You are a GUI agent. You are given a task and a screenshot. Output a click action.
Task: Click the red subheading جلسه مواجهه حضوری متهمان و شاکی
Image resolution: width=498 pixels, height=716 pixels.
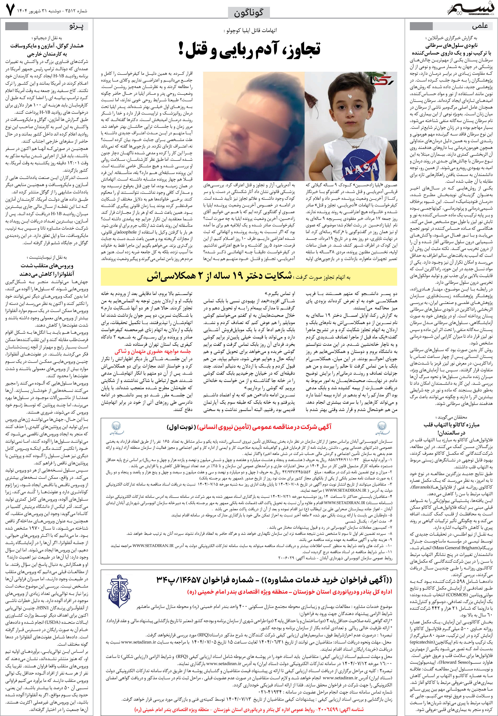click(153, 351)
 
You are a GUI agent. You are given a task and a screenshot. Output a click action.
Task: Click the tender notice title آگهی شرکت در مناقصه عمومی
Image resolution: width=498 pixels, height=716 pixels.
click(249, 427)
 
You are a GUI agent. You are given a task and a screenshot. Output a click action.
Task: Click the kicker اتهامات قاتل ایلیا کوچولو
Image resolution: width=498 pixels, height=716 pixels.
click(250, 31)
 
